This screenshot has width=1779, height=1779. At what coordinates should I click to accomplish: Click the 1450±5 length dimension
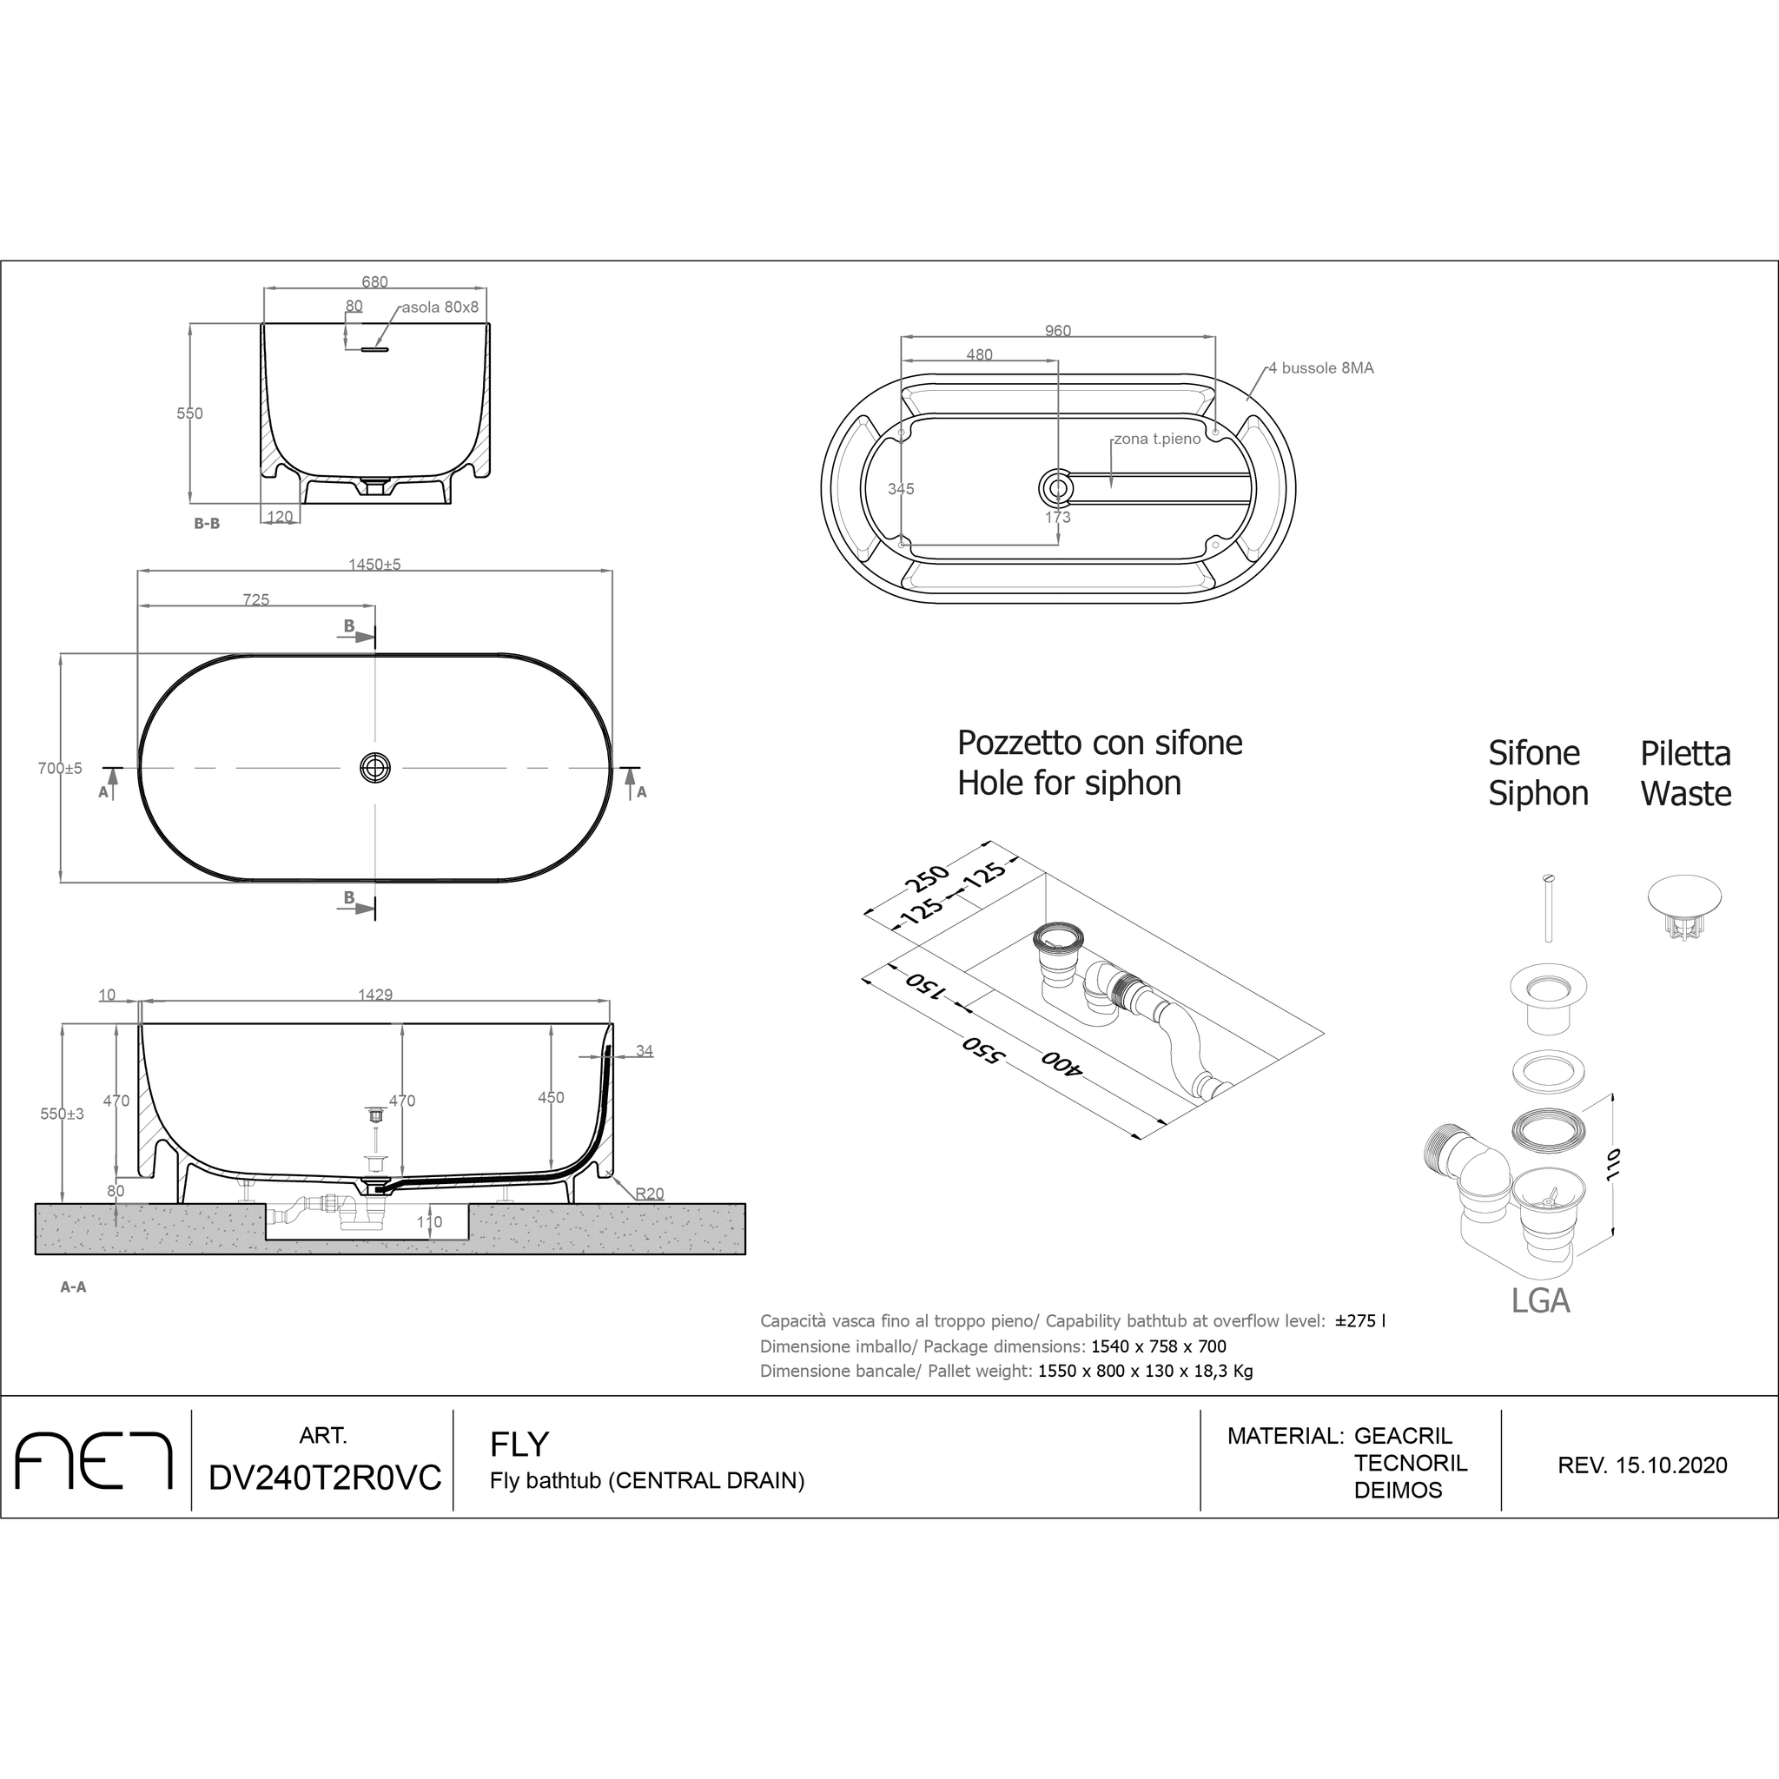pos(374,564)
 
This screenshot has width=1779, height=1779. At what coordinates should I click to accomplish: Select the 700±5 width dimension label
pos(60,768)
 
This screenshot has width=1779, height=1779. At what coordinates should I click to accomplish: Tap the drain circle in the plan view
pos(374,767)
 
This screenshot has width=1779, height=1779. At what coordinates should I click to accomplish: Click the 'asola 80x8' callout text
pos(440,307)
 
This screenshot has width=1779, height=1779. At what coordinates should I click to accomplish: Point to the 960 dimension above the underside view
pos(1058,331)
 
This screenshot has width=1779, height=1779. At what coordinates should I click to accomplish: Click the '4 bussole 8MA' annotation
pos(1320,367)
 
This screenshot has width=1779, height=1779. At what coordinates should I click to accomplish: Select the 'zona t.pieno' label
pos(1156,439)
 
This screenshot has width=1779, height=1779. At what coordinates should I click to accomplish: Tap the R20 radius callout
pos(649,1194)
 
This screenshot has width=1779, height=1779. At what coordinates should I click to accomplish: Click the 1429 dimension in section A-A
pos(374,995)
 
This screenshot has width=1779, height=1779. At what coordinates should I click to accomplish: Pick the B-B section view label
pos(206,523)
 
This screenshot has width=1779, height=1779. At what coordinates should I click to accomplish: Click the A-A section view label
pos(73,1286)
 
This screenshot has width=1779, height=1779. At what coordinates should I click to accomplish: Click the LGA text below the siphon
pos(1539,1300)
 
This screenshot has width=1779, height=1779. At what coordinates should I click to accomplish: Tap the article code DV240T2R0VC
pos(325,1477)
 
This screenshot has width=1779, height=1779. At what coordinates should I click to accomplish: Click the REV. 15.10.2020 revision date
pos(1642,1465)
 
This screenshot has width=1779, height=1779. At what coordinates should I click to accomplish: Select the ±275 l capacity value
pos(1360,1320)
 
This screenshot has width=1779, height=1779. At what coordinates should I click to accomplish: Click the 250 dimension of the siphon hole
pos(926,877)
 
